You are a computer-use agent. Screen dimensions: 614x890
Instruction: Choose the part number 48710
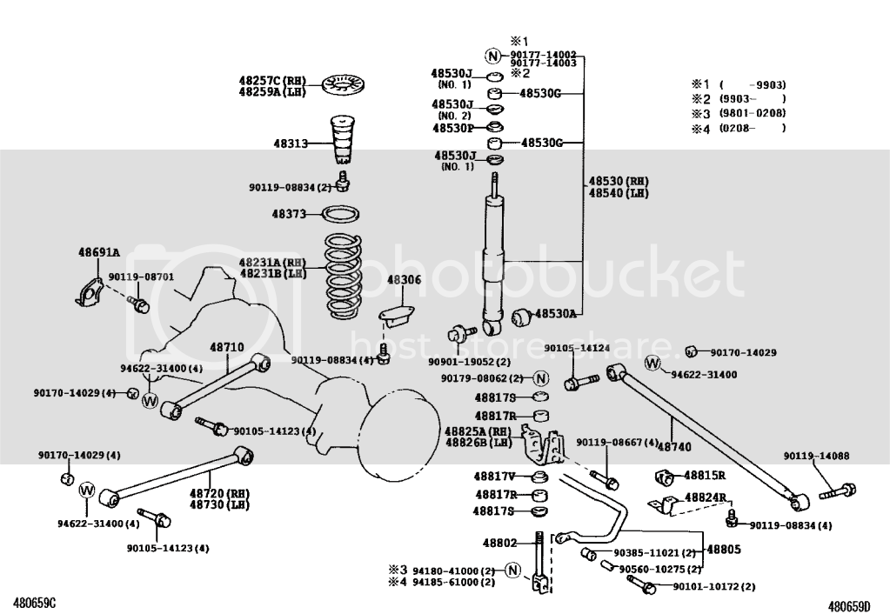(x=226, y=347)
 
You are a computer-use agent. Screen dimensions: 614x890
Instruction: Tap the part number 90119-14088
(x=816, y=456)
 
